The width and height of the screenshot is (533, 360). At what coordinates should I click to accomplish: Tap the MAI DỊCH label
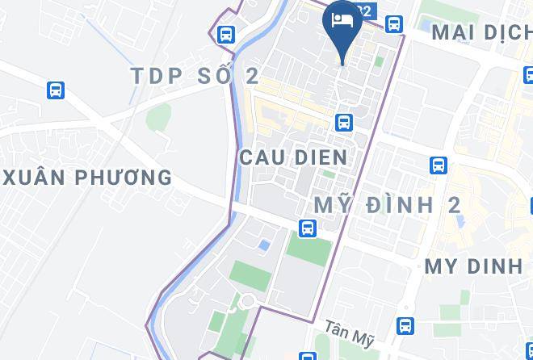[481, 33]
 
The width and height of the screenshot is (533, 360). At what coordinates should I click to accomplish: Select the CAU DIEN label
[293, 157]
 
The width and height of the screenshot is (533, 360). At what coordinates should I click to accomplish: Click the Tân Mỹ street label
[350, 333]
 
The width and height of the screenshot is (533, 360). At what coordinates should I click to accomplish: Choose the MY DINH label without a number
[473, 266]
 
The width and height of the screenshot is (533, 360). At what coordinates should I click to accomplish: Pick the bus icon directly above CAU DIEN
[344, 123]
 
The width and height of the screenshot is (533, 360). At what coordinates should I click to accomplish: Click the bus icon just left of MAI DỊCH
[393, 24]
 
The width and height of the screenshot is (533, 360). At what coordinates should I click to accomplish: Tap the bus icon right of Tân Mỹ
[405, 326]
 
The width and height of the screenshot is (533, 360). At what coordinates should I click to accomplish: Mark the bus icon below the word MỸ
[307, 229]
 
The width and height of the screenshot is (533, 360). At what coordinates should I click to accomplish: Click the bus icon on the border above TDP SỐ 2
[225, 35]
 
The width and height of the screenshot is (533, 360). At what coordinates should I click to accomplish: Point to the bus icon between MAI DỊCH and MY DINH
[439, 165]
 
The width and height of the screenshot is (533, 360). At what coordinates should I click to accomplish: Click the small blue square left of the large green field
[263, 245]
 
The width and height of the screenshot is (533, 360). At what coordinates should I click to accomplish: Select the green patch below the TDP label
[158, 118]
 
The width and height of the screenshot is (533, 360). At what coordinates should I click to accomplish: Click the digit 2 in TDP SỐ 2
[252, 76]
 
